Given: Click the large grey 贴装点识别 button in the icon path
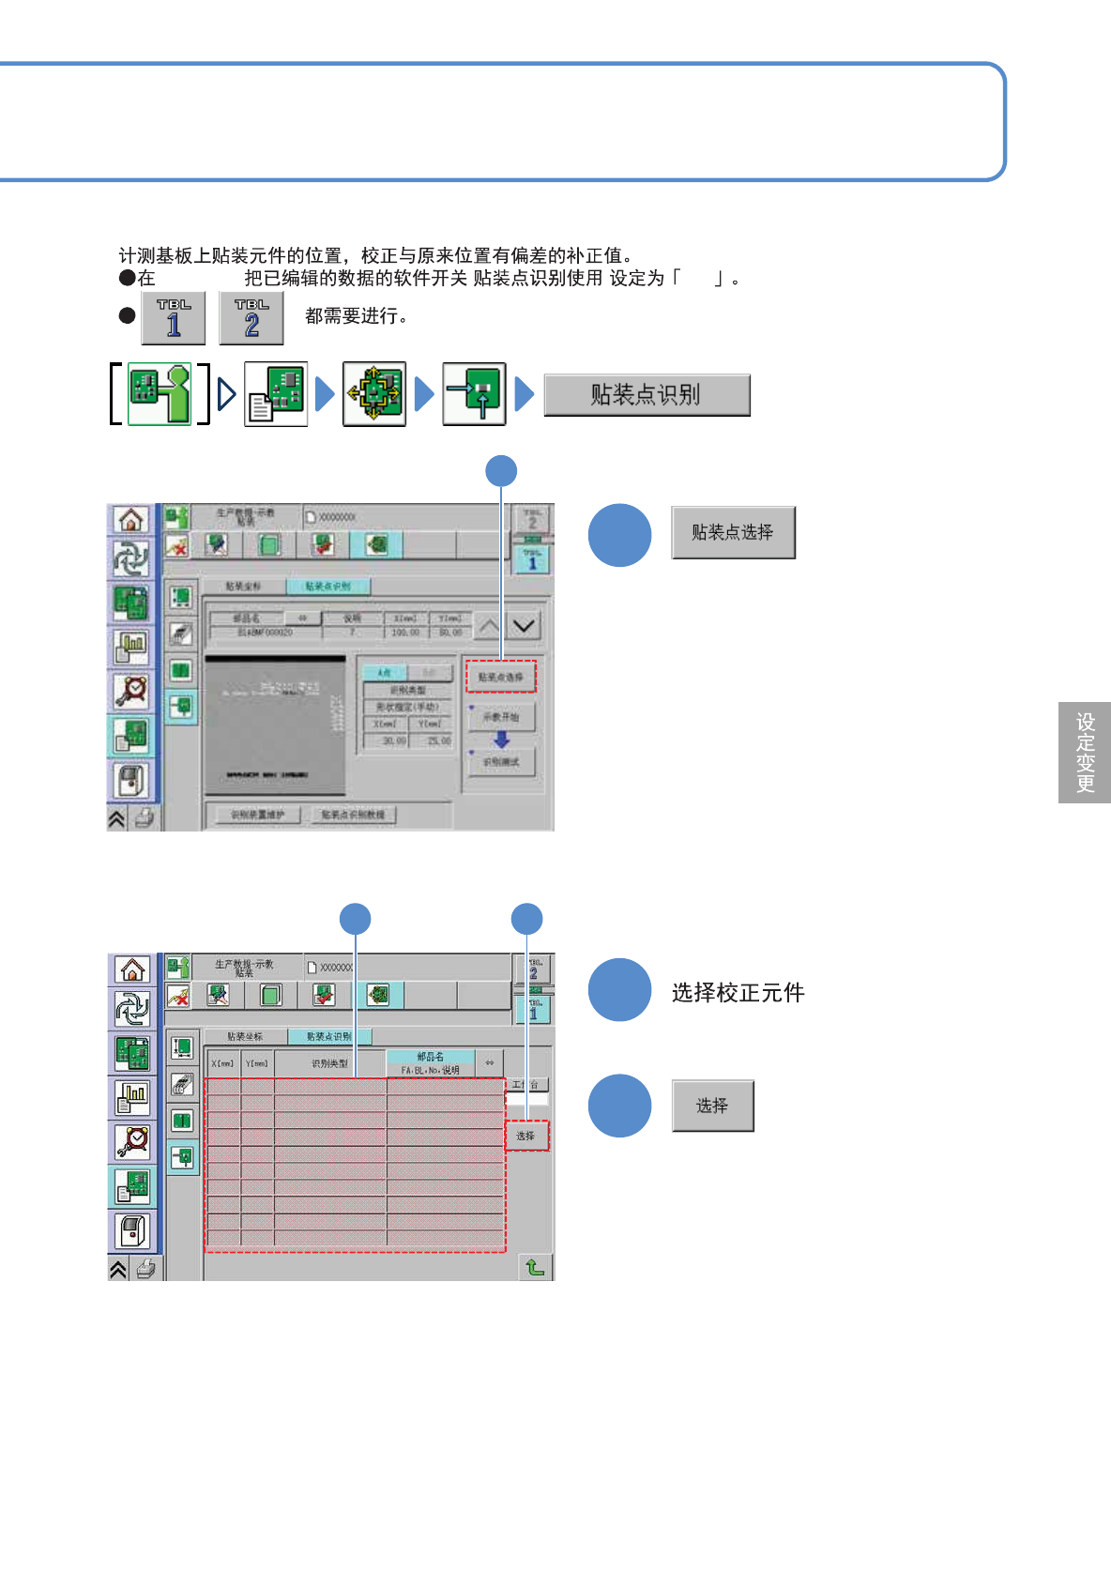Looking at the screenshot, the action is [x=647, y=395].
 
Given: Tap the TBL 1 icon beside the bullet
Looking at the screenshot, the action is [x=174, y=318].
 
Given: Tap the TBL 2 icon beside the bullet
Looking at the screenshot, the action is [x=251, y=318].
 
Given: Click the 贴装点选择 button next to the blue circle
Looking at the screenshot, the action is [x=733, y=532].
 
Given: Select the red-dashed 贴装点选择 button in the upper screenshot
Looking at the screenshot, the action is [x=501, y=677].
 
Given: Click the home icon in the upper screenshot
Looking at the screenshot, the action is [x=131, y=519].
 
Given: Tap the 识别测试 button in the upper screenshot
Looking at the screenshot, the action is [x=501, y=762].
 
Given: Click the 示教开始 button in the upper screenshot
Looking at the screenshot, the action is [x=501, y=717].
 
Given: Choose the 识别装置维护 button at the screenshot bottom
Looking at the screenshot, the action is [x=257, y=815].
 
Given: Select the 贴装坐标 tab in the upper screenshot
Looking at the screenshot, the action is [x=244, y=587].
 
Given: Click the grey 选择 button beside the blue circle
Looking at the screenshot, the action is [x=712, y=1106].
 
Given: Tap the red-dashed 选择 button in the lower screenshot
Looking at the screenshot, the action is [x=526, y=1136].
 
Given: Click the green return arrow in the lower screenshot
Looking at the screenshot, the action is [x=535, y=1267].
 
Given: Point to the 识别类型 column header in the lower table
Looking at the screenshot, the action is [x=330, y=1063].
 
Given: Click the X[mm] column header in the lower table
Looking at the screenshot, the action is [x=223, y=1063].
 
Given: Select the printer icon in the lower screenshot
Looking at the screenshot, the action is [x=146, y=1269].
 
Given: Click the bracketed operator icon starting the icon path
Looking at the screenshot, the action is [x=160, y=394].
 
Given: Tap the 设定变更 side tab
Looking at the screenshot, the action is [x=1085, y=753].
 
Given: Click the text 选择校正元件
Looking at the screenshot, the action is [x=738, y=993].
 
